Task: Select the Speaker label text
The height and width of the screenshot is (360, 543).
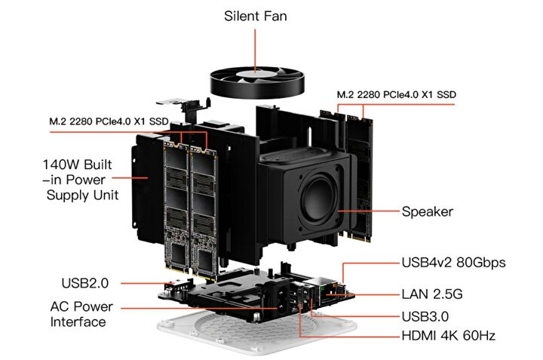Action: coord(427,212)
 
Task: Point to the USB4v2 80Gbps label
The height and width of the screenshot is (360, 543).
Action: coord(453,263)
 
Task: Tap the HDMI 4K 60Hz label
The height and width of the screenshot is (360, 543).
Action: coord(449,334)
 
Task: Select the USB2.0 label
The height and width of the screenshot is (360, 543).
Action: coord(84,284)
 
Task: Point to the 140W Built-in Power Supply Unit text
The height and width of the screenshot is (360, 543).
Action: coord(81,179)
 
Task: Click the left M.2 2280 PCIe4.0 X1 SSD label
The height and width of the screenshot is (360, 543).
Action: coord(109,121)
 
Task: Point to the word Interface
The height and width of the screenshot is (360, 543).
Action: coord(78,322)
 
